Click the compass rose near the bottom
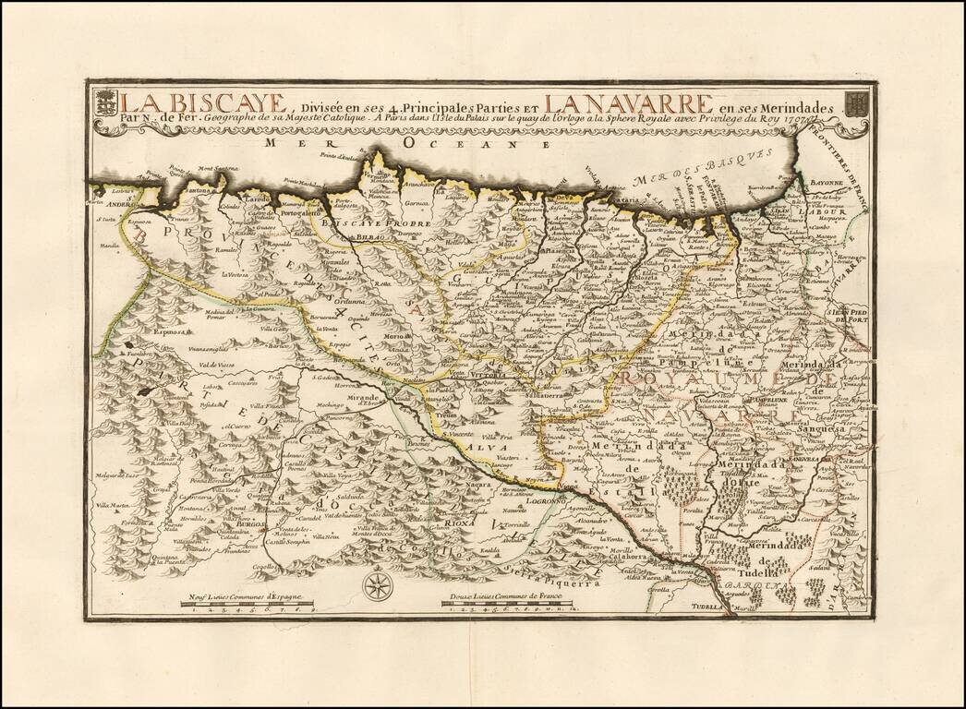[377, 584]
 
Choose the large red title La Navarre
[628, 102]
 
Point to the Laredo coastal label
[259, 198]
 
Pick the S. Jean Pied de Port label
[849, 317]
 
